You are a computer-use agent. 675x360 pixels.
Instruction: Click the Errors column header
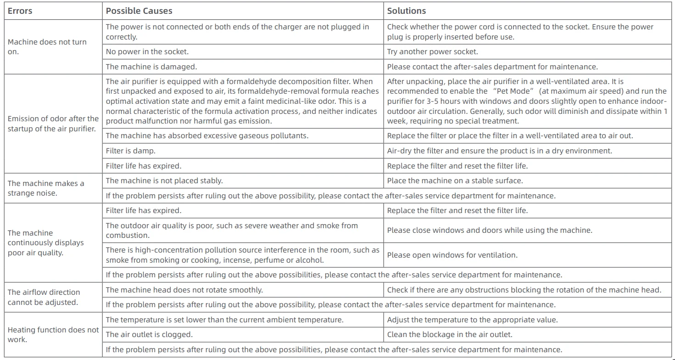coord(20,11)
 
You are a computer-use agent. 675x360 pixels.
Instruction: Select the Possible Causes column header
coord(139,11)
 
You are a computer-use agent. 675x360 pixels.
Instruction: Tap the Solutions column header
coord(406,11)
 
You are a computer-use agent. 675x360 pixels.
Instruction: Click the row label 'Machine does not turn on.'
coord(47,47)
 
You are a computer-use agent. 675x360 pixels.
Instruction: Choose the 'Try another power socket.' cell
coord(432,52)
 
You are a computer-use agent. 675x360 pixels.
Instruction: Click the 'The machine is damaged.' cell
coord(151,67)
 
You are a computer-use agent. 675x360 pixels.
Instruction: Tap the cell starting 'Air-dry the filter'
coord(499,151)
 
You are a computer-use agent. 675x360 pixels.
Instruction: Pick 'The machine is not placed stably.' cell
coord(164,180)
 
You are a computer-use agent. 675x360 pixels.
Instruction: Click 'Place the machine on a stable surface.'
coord(455,180)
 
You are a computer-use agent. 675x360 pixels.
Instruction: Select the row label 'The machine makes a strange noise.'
coord(46,188)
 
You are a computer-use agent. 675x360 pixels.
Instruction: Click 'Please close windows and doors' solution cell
coord(489,230)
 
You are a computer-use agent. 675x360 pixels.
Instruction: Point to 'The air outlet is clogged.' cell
coord(149,334)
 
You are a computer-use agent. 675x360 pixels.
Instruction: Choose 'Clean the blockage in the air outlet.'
coord(450,334)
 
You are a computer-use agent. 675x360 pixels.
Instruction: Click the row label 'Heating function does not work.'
coord(53,335)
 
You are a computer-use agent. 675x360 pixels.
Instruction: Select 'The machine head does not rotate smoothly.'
coord(184,290)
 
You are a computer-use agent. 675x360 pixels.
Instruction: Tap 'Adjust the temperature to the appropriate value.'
coord(472,320)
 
